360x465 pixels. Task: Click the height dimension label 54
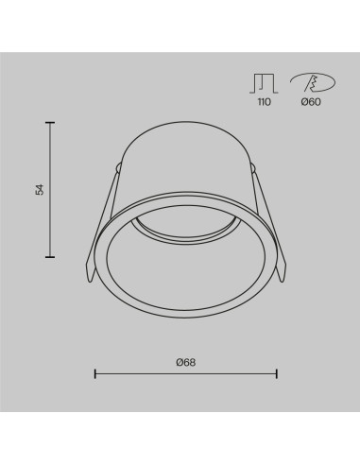[40, 189]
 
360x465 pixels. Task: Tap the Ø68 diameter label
[186, 362]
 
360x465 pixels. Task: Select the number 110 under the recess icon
[264, 102]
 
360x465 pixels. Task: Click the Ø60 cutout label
[311, 102]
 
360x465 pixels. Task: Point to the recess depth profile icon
[264, 84]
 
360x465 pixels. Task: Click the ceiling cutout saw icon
[313, 83]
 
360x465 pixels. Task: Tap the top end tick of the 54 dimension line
[50, 122]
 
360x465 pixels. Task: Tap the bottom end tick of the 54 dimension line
[50, 257]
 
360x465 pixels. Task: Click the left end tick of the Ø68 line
[95, 374]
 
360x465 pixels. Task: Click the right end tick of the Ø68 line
[277, 374]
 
